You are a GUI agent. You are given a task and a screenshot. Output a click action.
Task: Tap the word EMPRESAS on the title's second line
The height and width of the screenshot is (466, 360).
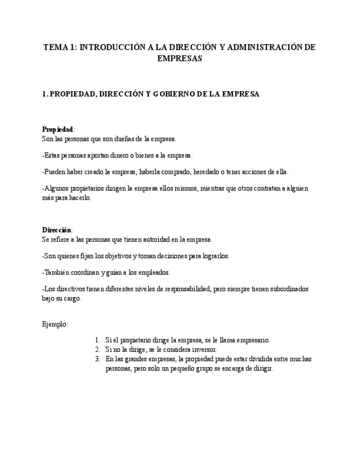point(180,58)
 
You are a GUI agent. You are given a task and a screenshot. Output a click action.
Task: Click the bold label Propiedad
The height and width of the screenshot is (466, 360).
point(57,129)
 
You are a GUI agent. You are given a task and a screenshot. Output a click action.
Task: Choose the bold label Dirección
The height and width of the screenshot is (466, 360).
point(57,230)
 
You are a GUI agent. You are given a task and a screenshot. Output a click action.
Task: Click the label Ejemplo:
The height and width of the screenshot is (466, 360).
point(55,324)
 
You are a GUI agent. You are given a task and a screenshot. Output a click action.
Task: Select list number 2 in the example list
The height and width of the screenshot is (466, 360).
point(97,349)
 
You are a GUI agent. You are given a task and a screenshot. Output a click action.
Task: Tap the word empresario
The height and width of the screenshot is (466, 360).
point(253,340)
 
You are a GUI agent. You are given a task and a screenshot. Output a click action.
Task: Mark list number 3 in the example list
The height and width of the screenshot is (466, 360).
point(97,359)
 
